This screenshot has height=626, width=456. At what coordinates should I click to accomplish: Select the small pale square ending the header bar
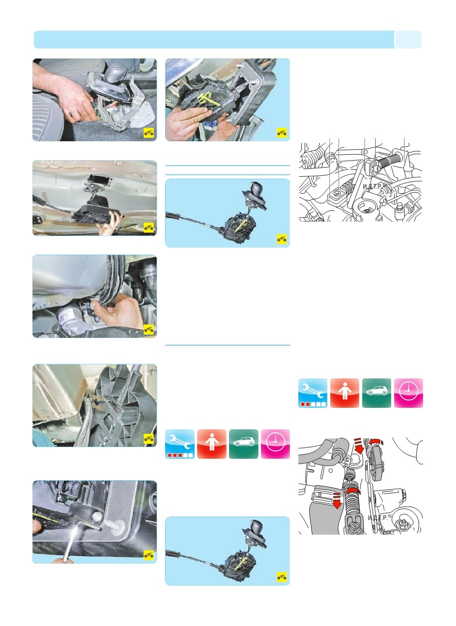pyautogui.click(x=408, y=39)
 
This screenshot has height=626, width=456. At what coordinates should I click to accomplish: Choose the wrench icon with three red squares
pyautogui.click(x=180, y=444)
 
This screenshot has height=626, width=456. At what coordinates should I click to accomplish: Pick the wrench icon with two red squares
pyautogui.click(x=313, y=393)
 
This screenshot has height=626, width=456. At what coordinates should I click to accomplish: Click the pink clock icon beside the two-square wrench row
pyautogui.click(x=408, y=393)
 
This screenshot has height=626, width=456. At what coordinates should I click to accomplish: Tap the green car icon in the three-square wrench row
pyautogui.click(x=243, y=444)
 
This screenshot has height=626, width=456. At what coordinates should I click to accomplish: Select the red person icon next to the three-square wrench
pyautogui.click(x=212, y=444)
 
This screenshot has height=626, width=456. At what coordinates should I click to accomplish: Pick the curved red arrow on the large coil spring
pyautogui.click(x=353, y=490)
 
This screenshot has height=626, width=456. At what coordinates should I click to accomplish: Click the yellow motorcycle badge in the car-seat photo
pyautogui.click(x=149, y=133)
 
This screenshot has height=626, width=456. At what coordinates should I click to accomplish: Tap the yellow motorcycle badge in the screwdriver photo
pyautogui.click(x=149, y=555)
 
